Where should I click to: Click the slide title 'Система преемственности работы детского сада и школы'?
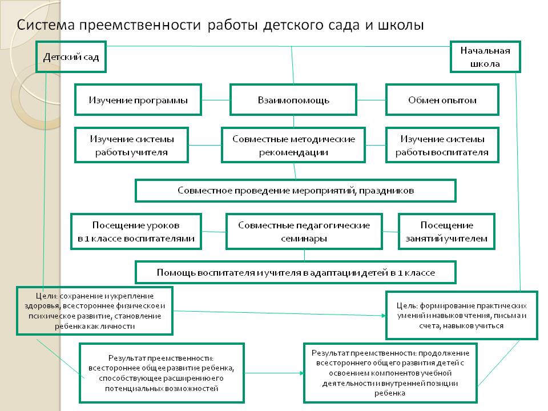(220, 26)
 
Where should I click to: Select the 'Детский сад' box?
(71, 57)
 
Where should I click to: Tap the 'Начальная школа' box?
(485, 57)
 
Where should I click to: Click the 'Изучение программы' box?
(138, 100)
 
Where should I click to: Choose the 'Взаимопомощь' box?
(293, 100)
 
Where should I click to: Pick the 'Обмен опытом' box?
(442, 100)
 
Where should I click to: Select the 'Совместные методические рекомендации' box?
(293, 145)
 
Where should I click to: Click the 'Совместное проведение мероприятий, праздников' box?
(295, 190)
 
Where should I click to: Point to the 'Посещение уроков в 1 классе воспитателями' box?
(136, 232)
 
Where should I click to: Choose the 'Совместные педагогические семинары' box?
(304, 232)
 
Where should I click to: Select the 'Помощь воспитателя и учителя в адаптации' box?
(295, 272)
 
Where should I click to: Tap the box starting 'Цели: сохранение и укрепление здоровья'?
(95, 311)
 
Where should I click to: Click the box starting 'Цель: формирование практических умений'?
(462, 315)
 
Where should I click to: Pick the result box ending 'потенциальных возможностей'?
(162, 372)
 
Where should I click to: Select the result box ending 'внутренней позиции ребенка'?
(390, 372)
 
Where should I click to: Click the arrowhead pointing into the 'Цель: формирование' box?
(383, 315)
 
